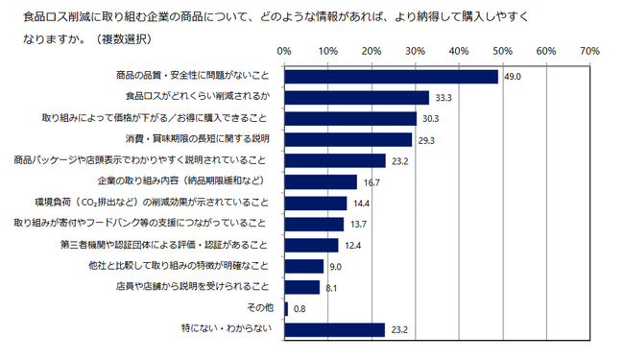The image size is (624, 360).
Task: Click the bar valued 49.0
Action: [x=391, y=76]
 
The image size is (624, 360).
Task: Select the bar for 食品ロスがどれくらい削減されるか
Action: [x=356, y=97]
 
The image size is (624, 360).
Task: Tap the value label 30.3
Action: [x=429, y=119]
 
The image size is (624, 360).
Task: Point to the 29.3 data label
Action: [x=425, y=140]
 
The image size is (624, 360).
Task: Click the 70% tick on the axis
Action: [x=589, y=50]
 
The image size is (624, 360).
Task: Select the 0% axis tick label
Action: [x=284, y=50]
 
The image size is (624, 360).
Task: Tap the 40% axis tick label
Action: [x=459, y=50]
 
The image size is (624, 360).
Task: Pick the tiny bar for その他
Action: [x=286, y=308]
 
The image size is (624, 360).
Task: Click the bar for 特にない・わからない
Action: [x=334, y=329]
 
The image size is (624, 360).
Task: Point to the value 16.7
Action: [x=370, y=182]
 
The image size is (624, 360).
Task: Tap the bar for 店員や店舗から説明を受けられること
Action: [x=301, y=287]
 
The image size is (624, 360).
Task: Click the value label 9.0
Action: [x=334, y=266]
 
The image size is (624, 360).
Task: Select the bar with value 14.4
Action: [x=315, y=203]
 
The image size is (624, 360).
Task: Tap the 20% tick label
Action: [x=372, y=50]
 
